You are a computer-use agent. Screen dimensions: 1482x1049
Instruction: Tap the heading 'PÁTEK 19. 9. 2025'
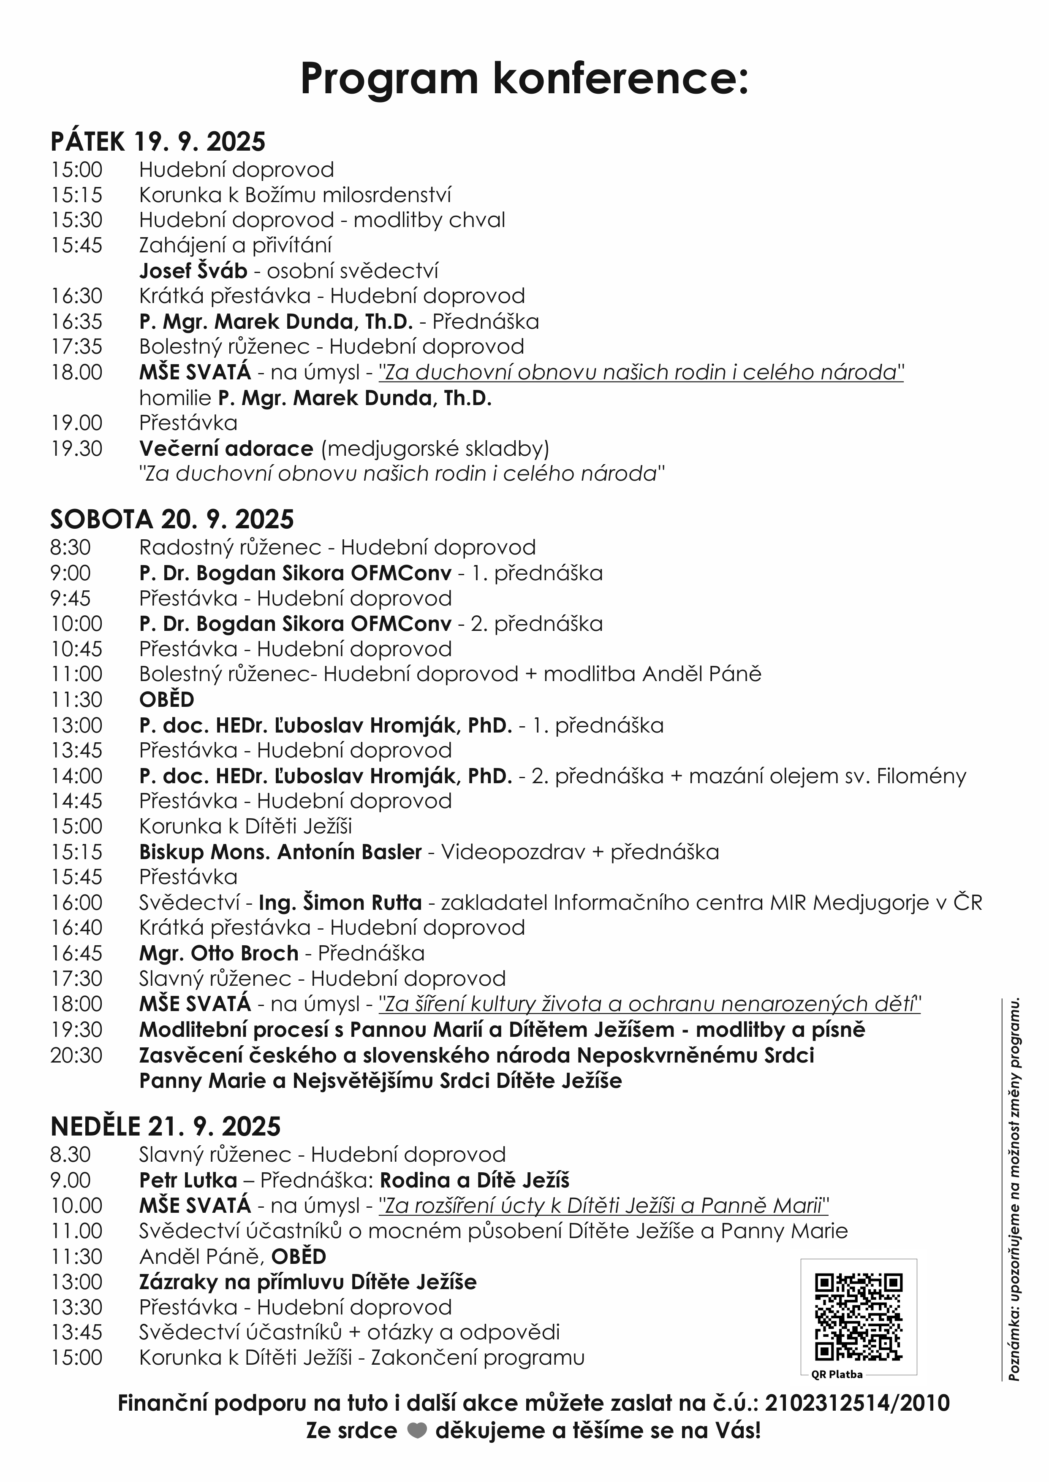coord(158,141)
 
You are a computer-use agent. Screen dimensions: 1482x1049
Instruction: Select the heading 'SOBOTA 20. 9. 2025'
coord(172,519)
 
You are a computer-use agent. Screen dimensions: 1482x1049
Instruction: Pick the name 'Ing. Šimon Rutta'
coord(340,902)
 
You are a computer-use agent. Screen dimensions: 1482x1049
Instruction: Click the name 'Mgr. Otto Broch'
coord(219,953)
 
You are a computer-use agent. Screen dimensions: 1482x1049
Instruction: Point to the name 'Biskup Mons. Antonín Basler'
coord(280,852)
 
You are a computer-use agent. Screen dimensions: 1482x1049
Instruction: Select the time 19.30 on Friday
coord(76,449)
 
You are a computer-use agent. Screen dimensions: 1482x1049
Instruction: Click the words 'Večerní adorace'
coord(226,449)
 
